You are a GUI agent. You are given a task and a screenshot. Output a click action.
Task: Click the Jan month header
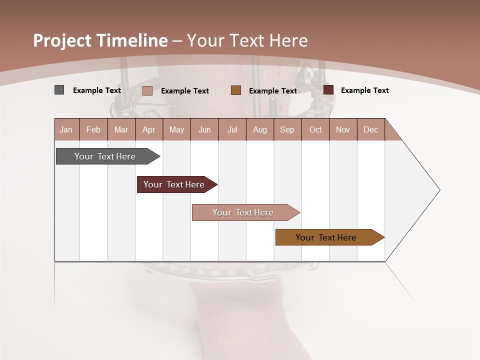tap(66, 129)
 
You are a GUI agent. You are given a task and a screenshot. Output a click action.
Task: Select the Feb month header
tap(93, 129)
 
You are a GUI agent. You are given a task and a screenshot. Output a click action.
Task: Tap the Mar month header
tap(121, 129)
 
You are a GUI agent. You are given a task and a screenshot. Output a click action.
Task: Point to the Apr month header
tap(148, 129)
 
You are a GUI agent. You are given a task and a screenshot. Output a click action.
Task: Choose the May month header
tap(176, 129)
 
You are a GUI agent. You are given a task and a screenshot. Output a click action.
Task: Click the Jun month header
tap(204, 129)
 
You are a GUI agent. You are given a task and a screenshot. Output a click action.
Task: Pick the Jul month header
tap(232, 129)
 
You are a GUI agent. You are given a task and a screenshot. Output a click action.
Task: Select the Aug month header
tap(259, 129)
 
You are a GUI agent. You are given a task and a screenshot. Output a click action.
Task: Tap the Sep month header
tap(287, 129)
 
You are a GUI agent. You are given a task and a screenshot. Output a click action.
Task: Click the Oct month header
tap(315, 129)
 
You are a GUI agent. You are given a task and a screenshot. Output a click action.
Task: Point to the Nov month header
tap(343, 129)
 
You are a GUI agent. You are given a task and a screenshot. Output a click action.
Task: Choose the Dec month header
tap(370, 129)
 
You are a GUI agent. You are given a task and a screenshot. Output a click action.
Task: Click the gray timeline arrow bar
tap(105, 156)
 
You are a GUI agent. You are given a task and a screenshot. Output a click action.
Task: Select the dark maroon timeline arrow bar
tap(174, 184)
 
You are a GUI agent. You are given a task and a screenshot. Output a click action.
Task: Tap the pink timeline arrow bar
tap(243, 212)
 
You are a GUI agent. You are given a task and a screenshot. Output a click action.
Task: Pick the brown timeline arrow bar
tap(326, 237)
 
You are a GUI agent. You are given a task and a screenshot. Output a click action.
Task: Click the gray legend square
tap(59, 90)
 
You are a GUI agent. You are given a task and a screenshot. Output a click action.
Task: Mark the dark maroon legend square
tap(328, 90)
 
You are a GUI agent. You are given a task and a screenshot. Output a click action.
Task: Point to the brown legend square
tap(236, 90)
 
